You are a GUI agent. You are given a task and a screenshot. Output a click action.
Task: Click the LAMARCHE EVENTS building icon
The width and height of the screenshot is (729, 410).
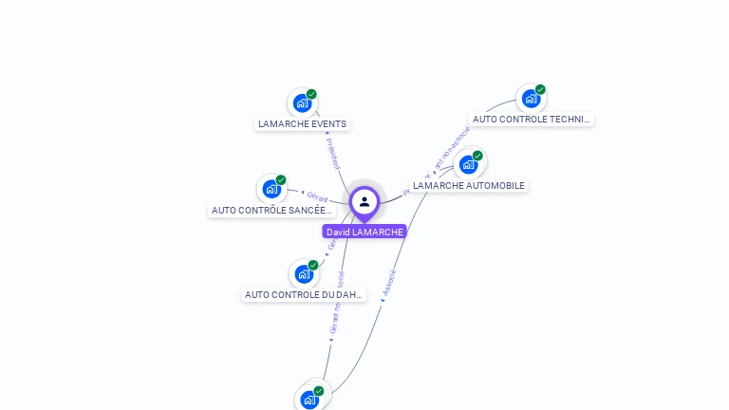pos(302,102)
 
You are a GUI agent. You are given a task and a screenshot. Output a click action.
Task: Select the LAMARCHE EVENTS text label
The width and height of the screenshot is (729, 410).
pos(303,123)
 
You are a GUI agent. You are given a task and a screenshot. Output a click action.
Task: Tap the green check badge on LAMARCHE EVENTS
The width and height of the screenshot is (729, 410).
pos(311,94)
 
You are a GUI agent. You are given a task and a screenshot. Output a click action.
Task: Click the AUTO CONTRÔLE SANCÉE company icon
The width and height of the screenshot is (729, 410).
pos(271,188)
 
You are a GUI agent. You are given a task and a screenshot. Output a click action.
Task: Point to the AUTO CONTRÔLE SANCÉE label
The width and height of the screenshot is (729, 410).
pos(271,210)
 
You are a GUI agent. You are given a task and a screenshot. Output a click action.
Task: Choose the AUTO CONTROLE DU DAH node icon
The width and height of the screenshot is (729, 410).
pos(304,273)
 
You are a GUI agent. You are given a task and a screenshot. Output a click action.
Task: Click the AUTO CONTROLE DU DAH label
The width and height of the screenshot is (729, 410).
pos(304,294)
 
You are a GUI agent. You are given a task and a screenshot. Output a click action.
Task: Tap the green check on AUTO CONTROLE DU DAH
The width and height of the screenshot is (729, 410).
pos(313,265)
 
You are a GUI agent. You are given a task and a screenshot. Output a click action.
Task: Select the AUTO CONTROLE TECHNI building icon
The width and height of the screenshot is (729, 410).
pos(531,98)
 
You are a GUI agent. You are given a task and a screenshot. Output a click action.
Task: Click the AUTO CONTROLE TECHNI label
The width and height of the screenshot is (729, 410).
pos(532,120)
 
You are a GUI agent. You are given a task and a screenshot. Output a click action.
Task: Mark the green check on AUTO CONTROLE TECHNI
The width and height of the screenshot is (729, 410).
pos(540,89)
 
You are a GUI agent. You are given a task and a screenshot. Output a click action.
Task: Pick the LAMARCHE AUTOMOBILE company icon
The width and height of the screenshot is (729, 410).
pos(468,164)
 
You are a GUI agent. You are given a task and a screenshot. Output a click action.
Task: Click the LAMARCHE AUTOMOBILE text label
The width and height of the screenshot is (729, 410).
pos(469,185)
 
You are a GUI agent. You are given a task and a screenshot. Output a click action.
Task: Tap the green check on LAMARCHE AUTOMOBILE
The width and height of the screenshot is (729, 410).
pos(477,156)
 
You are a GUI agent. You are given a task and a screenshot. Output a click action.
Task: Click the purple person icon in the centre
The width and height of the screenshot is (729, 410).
pos(364,201)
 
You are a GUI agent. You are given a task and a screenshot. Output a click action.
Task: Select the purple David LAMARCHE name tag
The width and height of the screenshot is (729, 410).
pos(364,232)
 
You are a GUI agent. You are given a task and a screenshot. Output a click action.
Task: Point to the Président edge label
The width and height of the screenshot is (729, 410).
pos(332,154)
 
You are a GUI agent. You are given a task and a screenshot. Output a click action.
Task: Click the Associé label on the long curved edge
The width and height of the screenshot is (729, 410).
pos(389,283)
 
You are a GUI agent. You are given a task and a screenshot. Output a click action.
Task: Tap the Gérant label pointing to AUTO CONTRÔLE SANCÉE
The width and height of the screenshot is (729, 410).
pos(317,196)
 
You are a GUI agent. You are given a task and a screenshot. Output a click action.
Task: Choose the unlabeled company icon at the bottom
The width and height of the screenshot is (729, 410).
pos(309,400)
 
